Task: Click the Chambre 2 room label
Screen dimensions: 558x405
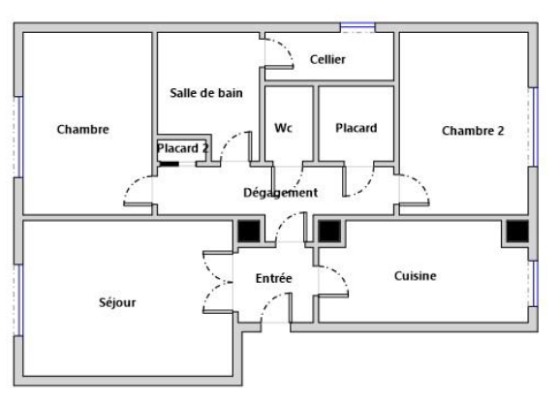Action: pos(473,131)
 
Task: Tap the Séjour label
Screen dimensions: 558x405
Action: pos(117,302)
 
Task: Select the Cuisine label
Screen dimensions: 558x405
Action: pos(416,276)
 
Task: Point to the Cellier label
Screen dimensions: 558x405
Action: pos(327,59)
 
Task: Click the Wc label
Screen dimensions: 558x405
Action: pos(283,128)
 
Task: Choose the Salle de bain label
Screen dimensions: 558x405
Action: pos(206,93)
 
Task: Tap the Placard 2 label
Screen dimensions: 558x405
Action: pos(183,148)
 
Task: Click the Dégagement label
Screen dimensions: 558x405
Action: pos(280,193)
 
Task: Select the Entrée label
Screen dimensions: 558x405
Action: pos(273,278)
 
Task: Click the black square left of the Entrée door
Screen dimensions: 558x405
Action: pos(249,232)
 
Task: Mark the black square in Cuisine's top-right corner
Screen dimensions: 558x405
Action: pos(517,232)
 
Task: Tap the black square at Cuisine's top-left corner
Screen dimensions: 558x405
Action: pos(329,232)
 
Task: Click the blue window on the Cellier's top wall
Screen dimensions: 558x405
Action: pos(357,27)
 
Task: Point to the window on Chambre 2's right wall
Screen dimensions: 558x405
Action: pos(534,127)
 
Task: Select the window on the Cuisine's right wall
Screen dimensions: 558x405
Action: pos(534,284)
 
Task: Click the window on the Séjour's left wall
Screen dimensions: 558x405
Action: pos(17,300)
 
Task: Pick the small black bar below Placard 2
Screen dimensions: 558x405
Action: pos(169,164)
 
